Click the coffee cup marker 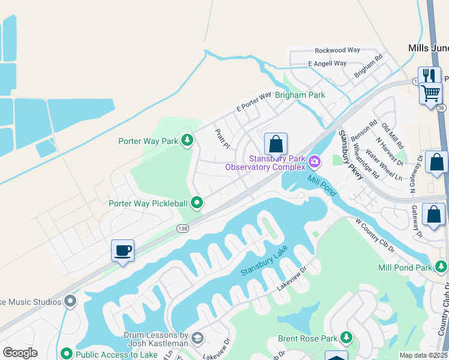(x=123, y=250)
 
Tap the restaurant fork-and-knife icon (x=429, y=76)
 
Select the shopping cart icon (x=430, y=93)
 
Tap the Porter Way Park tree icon (x=188, y=141)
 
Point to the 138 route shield (x=183, y=228)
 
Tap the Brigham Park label (x=300, y=95)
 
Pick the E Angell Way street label (x=327, y=63)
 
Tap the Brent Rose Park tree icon (x=346, y=338)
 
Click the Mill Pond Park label (x=405, y=268)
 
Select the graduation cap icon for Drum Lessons (x=197, y=340)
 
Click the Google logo (x=20, y=353)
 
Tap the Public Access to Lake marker (x=67, y=354)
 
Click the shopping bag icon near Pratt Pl (x=276, y=144)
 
